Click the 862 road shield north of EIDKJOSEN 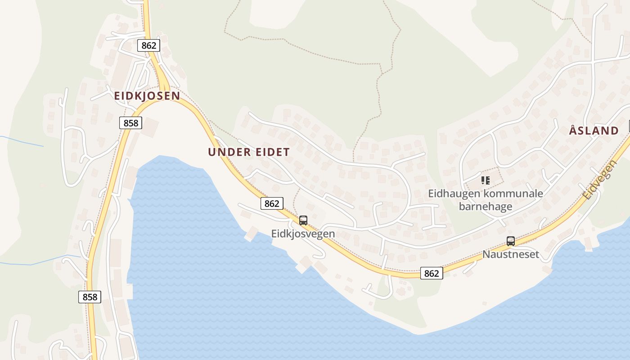pyautogui.click(x=148, y=45)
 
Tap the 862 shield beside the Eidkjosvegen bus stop pyautogui.click(x=272, y=203)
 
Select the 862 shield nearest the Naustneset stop pyautogui.click(x=432, y=273)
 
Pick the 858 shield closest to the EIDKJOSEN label pyautogui.click(x=130, y=123)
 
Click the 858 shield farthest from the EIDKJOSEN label pyautogui.click(x=90, y=297)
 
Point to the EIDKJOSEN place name pyautogui.click(x=147, y=96)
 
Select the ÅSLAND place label pyautogui.click(x=594, y=131)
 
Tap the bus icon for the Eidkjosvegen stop pyautogui.click(x=303, y=220)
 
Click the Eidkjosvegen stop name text pyautogui.click(x=303, y=234)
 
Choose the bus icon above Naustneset pyautogui.click(x=511, y=241)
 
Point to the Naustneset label pyautogui.click(x=511, y=254)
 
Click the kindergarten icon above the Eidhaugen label pyautogui.click(x=485, y=180)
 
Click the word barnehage pyautogui.click(x=486, y=207)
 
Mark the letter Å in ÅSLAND pyautogui.click(x=573, y=130)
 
